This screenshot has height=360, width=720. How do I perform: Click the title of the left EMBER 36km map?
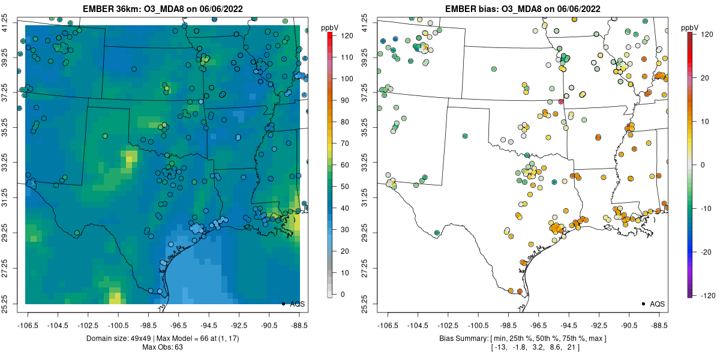pyautogui.click(x=162, y=9)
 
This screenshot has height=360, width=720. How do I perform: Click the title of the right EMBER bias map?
pyautogui.click(x=522, y=9)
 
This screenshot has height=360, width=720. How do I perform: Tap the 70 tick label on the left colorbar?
pyautogui.click(x=344, y=143)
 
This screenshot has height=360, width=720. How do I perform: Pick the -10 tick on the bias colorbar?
pyautogui.click(x=706, y=208)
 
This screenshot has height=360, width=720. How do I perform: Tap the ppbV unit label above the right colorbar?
pyautogui.click(x=690, y=28)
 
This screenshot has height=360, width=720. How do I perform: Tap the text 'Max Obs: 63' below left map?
pyautogui.click(x=162, y=347)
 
